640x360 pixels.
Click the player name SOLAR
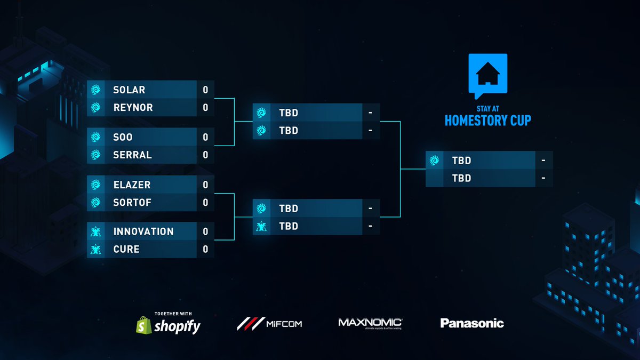pos(129,90)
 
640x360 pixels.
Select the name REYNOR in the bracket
pos(133,107)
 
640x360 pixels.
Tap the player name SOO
pos(123,137)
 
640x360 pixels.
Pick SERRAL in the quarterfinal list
pos(132,155)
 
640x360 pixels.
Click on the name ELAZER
pos(132,185)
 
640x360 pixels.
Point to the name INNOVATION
pos(143,231)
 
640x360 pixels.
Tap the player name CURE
pos(126,249)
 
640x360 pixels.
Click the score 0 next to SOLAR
pos(205,90)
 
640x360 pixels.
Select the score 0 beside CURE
pos(205,249)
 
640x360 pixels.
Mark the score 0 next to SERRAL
pos(205,155)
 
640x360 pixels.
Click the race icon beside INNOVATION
pos(96,231)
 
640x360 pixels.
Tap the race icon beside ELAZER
pos(96,185)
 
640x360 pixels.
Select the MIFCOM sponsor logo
pos(269,323)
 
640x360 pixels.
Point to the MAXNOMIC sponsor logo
pos(370,323)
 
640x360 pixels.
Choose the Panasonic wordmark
pos(472,323)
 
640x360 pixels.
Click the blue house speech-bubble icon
pos(487,75)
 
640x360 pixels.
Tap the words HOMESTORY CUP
pos(488,121)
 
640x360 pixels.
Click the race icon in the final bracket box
pos(435,160)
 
